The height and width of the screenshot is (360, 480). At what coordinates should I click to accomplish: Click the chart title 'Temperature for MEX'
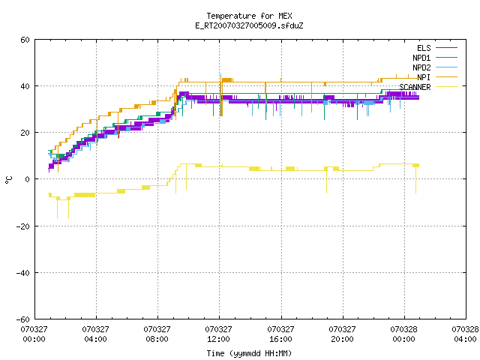tap(249, 16)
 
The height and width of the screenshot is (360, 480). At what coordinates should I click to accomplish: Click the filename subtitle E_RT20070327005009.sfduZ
tap(249, 25)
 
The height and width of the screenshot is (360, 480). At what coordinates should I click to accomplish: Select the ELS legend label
tap(424, 48)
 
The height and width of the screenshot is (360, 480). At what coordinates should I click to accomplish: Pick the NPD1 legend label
tap(421, 58)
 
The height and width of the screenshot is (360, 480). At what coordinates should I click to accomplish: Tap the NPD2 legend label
tap(421, 67)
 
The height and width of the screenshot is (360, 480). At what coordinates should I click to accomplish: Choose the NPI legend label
tap(424, 77)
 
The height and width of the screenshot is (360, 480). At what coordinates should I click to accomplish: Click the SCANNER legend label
tap(415, 87)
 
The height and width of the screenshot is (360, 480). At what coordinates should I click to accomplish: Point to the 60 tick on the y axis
tap(25, 40)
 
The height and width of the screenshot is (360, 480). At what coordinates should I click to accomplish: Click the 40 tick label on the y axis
tap(25, 86)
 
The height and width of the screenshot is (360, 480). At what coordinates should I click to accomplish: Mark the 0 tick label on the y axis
tap(28, 179)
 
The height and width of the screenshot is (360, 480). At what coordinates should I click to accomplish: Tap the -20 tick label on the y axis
tap(23, 226)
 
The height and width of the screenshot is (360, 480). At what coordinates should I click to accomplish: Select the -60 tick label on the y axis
tap(23, 319)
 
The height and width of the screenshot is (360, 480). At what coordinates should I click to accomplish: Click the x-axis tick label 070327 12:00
tap(218, 334)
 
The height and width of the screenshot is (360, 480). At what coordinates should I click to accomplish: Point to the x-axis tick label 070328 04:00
tap(465, 334)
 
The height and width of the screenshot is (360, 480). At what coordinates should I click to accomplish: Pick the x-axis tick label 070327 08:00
tap(157, 334)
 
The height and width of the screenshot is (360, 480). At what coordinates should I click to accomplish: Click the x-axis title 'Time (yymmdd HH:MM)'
tap(249, 353)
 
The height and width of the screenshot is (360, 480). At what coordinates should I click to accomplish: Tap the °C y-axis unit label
tap(9, 180)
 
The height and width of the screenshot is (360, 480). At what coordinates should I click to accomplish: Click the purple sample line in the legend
tap(447, 48)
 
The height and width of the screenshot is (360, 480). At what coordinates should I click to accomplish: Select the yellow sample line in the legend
tap(447, 87)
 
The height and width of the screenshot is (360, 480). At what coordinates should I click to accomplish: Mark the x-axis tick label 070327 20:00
tap(342, 334)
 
